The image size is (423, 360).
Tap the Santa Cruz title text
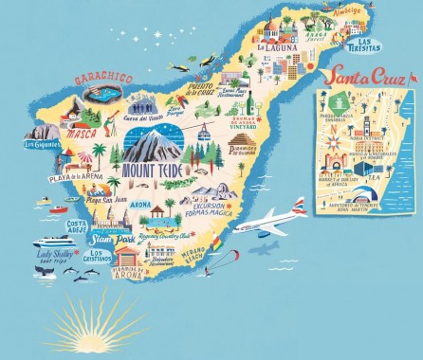click(x=365, y=76)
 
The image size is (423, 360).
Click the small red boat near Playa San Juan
click(x=59, y=208)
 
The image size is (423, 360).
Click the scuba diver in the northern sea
click(x=180, y=66)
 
